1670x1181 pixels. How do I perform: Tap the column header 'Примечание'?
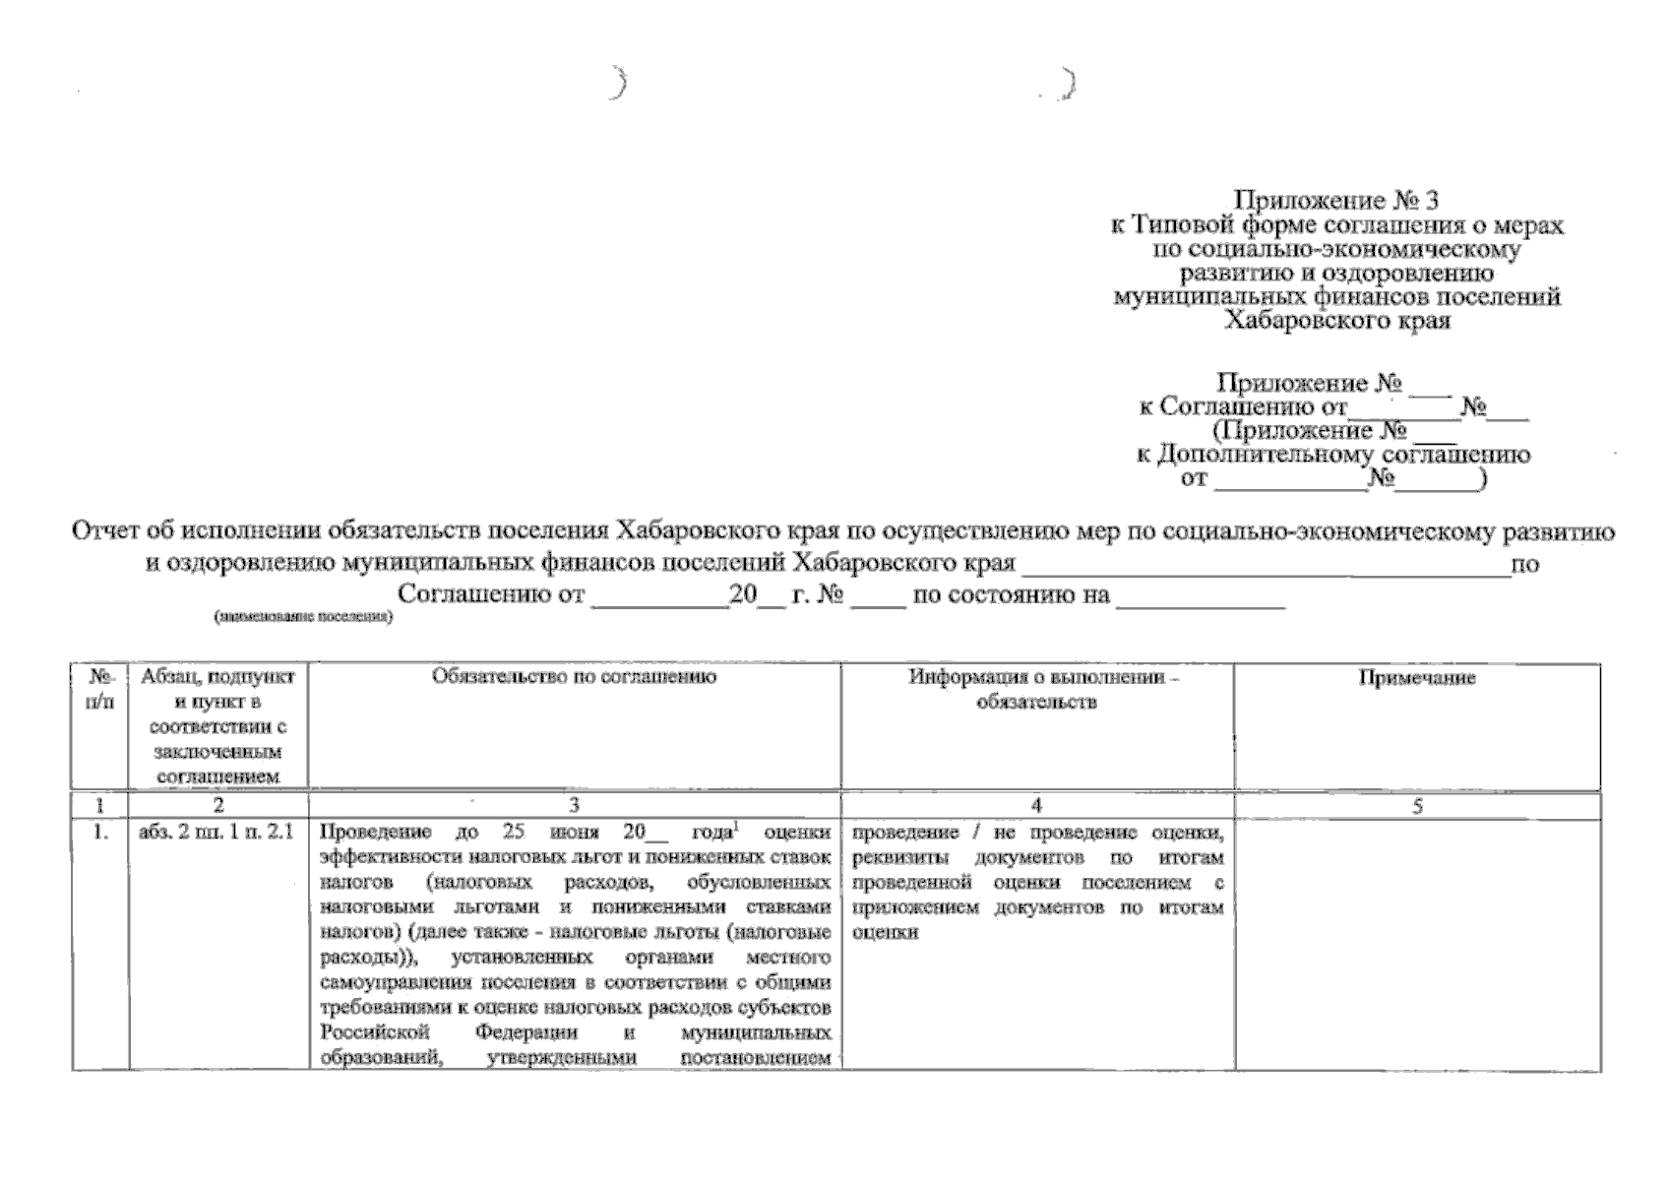point(1417,678)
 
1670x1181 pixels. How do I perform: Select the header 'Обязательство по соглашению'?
point(575,676)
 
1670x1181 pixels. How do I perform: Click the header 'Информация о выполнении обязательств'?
point(1037,689)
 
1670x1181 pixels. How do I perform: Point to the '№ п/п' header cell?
point(100,689)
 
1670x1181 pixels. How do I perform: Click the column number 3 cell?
point(575,806)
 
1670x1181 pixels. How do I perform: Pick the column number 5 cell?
point(1417,806)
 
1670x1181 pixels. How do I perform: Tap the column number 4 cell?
point(1037,806)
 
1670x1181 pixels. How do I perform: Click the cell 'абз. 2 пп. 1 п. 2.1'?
point(216,833)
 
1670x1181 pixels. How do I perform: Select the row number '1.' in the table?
point(100,833)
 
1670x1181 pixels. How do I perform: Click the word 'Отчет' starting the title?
point(105,532)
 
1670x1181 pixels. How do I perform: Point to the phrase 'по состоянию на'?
point(1012,594)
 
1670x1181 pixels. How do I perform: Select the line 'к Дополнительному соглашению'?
point(1333,455)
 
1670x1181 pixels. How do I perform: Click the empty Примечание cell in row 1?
point(1417,945)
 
